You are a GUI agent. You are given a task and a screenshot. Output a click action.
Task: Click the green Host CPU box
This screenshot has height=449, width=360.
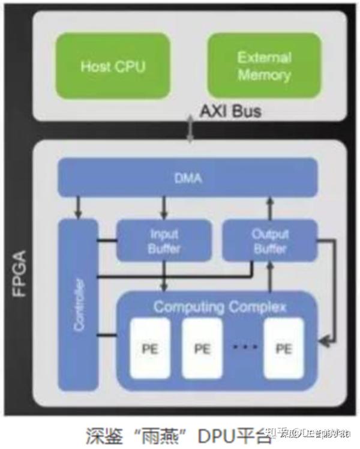pyautogui.click(x=113, y=65)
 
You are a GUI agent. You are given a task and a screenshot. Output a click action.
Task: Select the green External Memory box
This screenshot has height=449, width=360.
pyautogui.click(x=263, y=65)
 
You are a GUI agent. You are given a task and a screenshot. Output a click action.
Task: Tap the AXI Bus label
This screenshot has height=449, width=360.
pyautogui.click(x=231, y=112)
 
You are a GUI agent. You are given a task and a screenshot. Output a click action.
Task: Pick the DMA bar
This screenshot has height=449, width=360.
pyautogui.click(x=187, y=178)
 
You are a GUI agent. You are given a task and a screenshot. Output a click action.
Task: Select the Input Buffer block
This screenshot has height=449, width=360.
pyautogui.click(x=163, y=240)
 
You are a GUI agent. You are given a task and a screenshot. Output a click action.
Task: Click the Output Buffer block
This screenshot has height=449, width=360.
pyautogui.click(x=269, y=240)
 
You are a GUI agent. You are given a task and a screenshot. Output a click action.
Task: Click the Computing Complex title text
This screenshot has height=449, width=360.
pyautogui.click(x=220, y=307)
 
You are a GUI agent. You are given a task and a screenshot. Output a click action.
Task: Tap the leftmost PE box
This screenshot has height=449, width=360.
pyautogui.click(x=150, y=348)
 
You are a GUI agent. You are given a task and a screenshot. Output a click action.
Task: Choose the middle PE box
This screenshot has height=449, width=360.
pyautogui.click(x=202, y=348)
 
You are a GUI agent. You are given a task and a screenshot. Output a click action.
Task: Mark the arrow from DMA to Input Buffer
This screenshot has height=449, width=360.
pyautogui.click(x=163, y=208)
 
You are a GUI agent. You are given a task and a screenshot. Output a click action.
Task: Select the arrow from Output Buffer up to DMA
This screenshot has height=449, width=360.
pyautogui.click(x=269, y=208)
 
